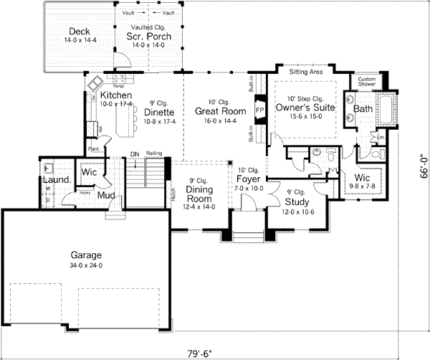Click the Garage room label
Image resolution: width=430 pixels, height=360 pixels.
pyautogui.click(x=85, y=255)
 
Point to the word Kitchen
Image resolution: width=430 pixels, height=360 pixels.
pyautogui.click(x=115, y=95)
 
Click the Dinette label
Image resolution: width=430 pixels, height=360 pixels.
pyautogui.click(x=158, y=113)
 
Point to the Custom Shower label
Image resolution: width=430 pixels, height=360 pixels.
pyautogui.click(x=366, y=81)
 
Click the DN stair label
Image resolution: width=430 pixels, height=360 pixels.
pyautogui.click(x=134, y=153)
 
